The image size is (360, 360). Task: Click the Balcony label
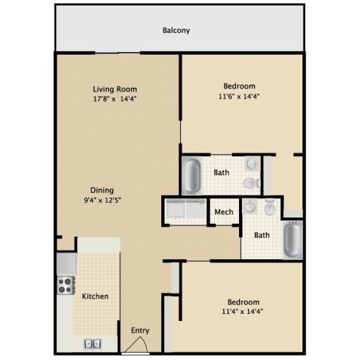[x=176, y=31]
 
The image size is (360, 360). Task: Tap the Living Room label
[x=115, y=89]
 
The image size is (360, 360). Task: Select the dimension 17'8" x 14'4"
[x=114, y=99]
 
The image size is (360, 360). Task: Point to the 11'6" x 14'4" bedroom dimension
[x=239, y=96]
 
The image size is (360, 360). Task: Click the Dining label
[x=102, y=191]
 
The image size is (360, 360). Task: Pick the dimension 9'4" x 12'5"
[x=102, y=200]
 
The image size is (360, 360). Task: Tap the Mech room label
[x=224, y=212]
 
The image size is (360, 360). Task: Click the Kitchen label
[x=95, y=297]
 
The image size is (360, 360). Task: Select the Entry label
[x=140, y=330]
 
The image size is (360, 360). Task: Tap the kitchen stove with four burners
[x=66, y=285]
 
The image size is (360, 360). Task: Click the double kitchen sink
[x=93, y=344]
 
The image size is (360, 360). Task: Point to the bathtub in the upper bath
[x=192, y=176]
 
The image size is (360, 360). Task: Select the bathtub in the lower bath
[x=292, y=240]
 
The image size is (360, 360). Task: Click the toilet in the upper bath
[x=251, y=183]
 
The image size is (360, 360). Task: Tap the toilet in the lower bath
[x=269, y=207]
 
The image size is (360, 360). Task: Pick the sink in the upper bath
[x=252, y=164]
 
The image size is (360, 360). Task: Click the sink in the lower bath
[x=250, y=206]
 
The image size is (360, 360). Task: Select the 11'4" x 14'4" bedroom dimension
[x=243, y=312]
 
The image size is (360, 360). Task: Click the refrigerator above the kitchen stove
[x=67, y=263]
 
